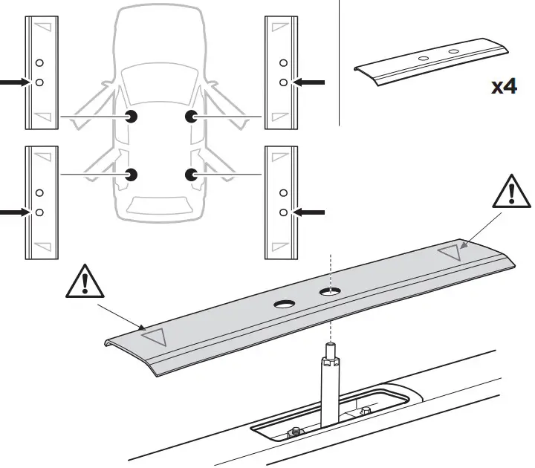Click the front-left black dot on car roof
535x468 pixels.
coord(132,116)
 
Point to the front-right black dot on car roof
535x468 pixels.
coord(191,116)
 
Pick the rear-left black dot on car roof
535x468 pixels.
coord(132,175)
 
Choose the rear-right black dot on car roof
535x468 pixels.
coord(191,175)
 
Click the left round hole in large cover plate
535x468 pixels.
coord(285,304)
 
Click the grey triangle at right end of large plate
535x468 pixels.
coord(453,252)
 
